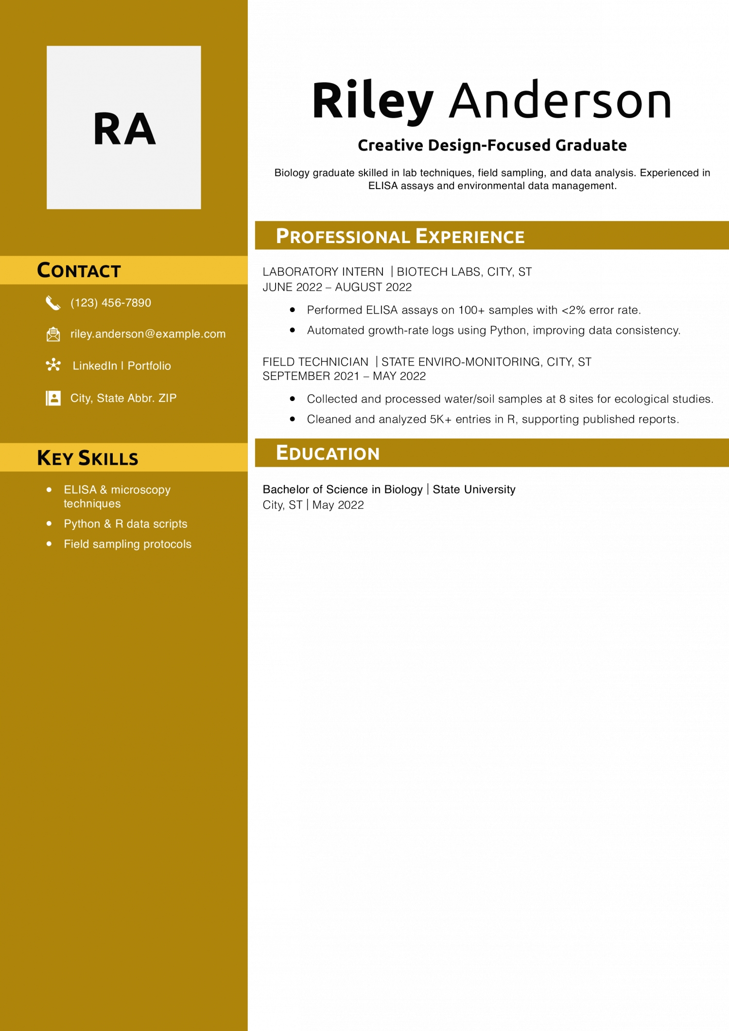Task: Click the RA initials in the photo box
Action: coord(124,129)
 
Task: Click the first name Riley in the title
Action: coord(372,101)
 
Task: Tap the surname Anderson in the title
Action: coord(560,101)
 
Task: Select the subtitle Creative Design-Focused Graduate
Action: coord(492,145)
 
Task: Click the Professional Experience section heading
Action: coord(400,236)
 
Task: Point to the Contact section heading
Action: coord(79,271)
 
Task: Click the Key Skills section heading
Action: coord(87,458)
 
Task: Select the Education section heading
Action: coord(328,453)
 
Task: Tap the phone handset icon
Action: coord(53,303)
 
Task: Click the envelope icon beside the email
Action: coord(53,334)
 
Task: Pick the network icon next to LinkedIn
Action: coord(53,365)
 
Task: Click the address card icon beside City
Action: coord(53,398)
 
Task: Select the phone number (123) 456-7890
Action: coord(111,303)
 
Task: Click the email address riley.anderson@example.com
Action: coord(148,334)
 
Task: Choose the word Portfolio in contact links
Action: coord(149,366)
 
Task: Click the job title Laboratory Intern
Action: coord(323,272)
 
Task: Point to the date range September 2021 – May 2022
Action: coord(344,376)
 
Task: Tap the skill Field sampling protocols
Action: coord(127,544)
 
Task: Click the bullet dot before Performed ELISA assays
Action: coord(292,310)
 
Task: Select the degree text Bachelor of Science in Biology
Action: coord(343,489)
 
